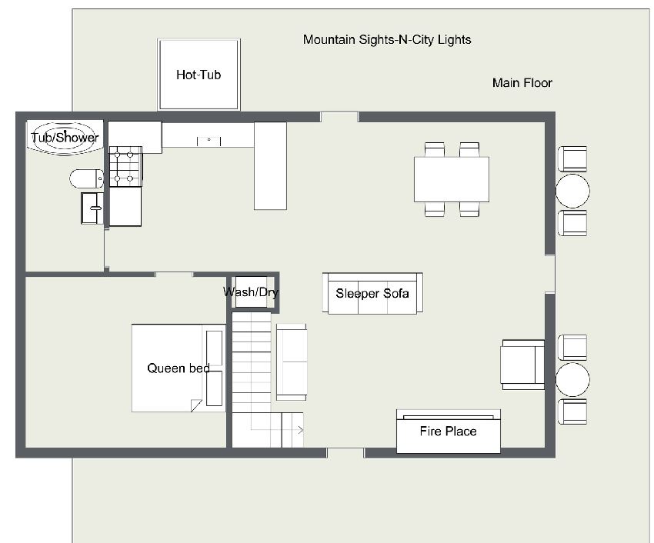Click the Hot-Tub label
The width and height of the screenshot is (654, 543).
coord(198,75)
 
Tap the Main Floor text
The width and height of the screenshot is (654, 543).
coord(522,82)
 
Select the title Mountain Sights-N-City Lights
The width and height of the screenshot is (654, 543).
coord(387,40)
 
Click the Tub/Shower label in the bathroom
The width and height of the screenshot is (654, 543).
coord(65,137)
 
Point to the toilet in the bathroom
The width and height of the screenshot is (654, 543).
coord(86,178)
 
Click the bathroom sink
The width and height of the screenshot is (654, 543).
coord(92,208)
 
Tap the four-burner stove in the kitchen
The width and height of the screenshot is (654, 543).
coord(125,166)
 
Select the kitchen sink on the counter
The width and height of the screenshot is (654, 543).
coord(209,141)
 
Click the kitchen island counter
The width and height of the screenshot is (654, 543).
coord(270,165)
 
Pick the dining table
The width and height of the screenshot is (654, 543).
coord(452,179)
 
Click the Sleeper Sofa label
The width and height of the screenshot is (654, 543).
coord(372,294)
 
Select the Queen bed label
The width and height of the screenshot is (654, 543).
coord(178,368)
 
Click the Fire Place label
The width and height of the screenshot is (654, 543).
coord(448,431)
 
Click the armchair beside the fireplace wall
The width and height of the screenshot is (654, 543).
coord(522,365)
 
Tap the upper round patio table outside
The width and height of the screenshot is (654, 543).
coord(572,191)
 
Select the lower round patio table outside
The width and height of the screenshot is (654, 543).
coord(572,379)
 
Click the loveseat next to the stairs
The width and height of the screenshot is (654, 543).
coord(291,362)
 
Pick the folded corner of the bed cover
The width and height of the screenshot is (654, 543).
coord(196,405)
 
